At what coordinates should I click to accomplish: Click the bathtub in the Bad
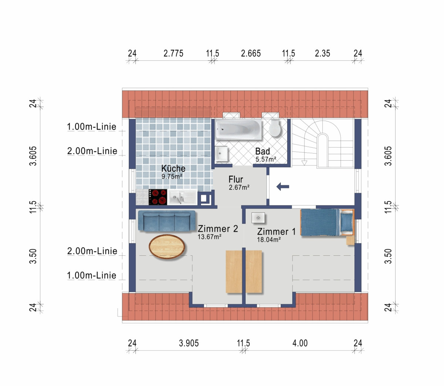(238, 130)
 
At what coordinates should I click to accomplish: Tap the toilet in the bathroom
(275, 128)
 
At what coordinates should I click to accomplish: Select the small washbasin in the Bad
(221, 154)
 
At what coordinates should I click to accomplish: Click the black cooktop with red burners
(158, 197)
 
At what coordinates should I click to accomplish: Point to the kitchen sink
(182, 197)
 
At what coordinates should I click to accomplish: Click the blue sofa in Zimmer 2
(166, 221)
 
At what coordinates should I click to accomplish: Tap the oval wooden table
(166, 246)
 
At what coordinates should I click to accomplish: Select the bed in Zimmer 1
(327, 222)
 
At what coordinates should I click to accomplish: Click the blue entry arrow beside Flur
(283, 187)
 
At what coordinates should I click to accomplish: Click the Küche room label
(173, 168)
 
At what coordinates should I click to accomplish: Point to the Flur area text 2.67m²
(239, 187)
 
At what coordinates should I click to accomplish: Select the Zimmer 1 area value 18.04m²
(269, 239)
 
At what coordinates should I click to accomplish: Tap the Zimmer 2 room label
(218, 229)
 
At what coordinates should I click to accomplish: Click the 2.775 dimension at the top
(174, 53)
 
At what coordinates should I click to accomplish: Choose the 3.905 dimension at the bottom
(189, 343)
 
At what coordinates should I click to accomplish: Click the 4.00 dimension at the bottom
(300, 343)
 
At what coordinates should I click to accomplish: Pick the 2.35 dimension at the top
(323, 53)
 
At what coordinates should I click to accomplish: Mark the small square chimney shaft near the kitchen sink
(204, 198)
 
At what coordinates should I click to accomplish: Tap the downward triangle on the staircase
(304, 163)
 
